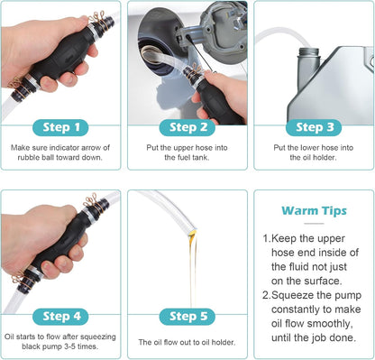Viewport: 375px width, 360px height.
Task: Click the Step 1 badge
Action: click(x=60, y=127)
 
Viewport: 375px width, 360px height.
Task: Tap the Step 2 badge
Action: click(x=187, y=127)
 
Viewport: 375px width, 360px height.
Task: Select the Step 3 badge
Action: click(x=314, y=127)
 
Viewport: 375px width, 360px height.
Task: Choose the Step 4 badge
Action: click(x=60, y=317)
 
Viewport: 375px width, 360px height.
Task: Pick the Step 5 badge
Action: click(x=187, y=317)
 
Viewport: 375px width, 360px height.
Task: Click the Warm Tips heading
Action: click(x=314, y=211)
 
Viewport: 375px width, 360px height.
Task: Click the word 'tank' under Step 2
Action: click(x=200, y=157)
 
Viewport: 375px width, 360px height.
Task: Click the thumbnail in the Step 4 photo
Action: click(x=48, y=267)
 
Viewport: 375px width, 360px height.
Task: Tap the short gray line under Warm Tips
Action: click(x=314, y=224)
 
